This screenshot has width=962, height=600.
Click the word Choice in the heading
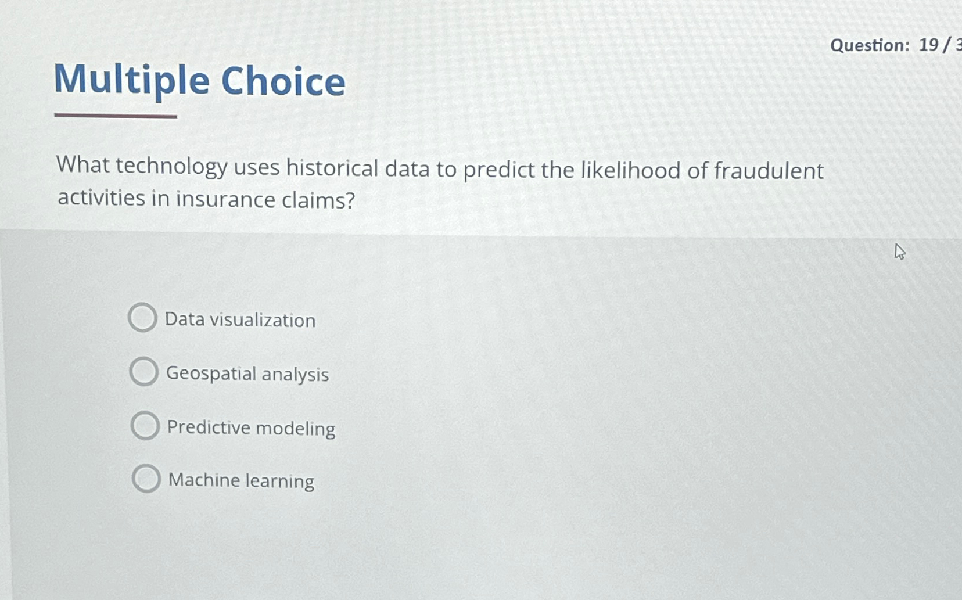283,81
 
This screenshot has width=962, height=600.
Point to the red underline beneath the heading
116,116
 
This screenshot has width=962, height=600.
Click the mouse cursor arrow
900,252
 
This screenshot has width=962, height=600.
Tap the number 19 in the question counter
929,45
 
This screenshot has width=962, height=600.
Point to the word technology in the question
172,166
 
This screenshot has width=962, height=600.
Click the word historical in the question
332,167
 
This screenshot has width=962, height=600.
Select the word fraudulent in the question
769,171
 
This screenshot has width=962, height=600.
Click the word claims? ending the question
318,200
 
